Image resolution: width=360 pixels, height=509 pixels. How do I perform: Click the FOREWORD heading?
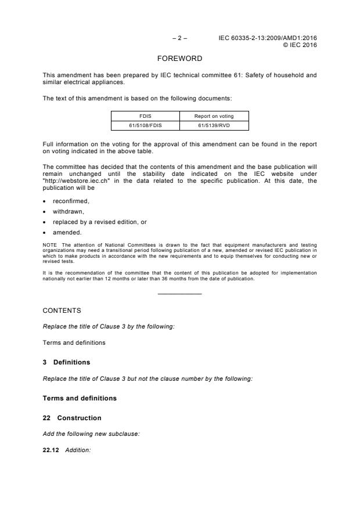tap(180, 59)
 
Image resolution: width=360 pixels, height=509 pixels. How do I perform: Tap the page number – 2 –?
tap(180, 38)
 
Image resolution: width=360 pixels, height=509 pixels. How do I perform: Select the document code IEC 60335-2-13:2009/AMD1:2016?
tap(268, 38)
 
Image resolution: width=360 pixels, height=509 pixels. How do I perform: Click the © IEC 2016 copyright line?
tap(300, 45)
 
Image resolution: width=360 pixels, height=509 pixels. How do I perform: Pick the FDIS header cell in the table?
tap(145, 116)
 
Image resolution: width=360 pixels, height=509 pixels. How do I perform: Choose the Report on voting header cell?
tap(214, 116)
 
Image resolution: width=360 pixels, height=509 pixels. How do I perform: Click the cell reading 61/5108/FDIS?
tap(145, 125)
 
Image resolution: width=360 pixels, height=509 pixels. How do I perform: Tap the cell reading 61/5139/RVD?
tap(214, 125)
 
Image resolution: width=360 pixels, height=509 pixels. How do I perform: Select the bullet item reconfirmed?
tap(71, 201)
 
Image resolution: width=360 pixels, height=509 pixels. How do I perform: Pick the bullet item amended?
tap(67, 232)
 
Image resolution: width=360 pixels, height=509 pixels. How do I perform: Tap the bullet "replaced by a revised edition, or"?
tap(99, 222)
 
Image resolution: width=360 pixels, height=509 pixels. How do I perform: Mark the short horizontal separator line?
tap(180, 294)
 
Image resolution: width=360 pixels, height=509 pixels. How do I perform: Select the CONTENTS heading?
tap(62, 311)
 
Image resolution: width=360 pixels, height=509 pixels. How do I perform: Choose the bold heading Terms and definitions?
tap(80, 398)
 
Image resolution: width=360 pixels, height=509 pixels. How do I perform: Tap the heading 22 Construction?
tap(72, 418)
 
